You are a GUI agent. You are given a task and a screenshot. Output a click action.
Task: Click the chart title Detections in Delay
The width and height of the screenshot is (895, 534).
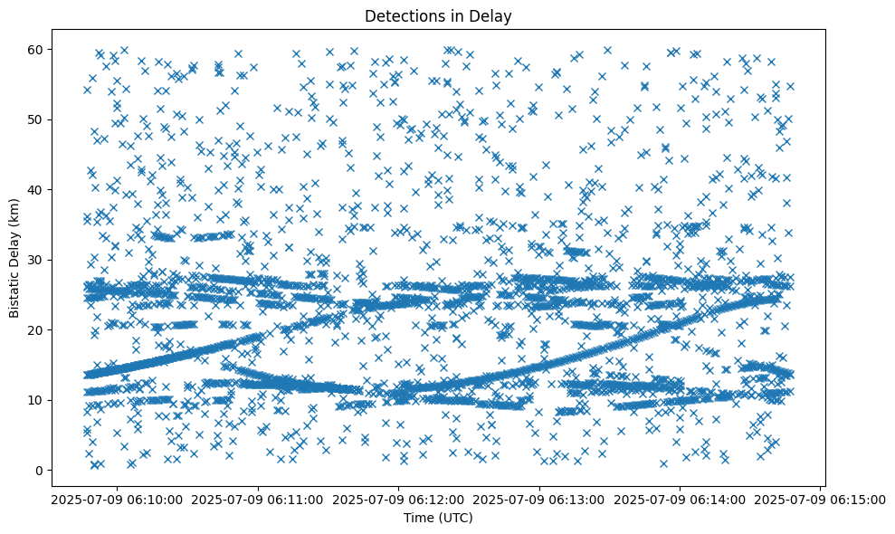click(x=438, y=15)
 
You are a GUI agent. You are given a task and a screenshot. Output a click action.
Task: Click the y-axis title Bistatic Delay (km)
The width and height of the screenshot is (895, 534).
click(x=15, y=256)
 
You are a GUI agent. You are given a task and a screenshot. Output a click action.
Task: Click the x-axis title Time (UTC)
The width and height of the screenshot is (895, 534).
click(x=438, y=518)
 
